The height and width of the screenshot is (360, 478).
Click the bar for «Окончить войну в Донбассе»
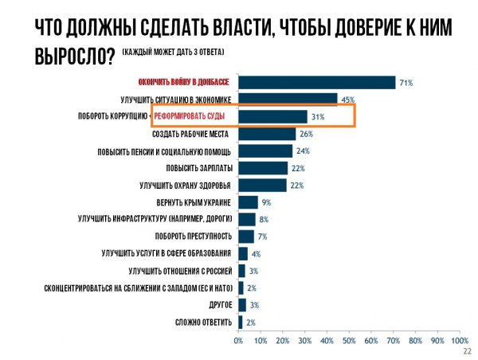click(317, 82)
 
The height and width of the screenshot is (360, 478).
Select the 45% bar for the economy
click(288, 99)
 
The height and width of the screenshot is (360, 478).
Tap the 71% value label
click(406, 82)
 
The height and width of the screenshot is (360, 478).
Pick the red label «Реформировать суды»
click(190, 116)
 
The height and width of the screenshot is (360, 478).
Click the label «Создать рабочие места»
click(191, 134)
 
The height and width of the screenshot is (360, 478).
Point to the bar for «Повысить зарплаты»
click(263, 167)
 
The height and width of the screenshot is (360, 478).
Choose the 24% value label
click(303, 151)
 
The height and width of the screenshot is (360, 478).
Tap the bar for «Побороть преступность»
click(246, 236)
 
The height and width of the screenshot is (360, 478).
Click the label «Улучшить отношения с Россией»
click(174, 271)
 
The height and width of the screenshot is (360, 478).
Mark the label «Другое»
click(219, 305)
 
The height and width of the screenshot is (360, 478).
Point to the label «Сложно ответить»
click(203, 322)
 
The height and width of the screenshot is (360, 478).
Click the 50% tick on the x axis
click(349, 340)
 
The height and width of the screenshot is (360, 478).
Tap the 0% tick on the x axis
click(238, 340)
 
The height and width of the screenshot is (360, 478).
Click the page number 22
click(467, 350)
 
